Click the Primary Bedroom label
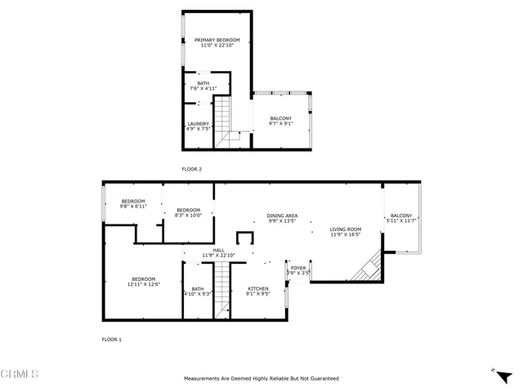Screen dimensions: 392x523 click(x=217, y=43)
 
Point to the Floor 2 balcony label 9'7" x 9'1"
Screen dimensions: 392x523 click(x=281, y=122)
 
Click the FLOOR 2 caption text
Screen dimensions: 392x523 click(x=191, y=169)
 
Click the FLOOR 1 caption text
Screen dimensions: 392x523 click(x=111, y=339)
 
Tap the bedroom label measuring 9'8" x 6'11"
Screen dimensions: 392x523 click(x=133, y=204)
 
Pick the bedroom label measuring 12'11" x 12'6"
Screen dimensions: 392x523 click(x=143, y=282)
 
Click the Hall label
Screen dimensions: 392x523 click(x=218, y=253)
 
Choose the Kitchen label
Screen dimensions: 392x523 click(x=258, y=292)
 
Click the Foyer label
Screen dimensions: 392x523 click(x=298, y=270)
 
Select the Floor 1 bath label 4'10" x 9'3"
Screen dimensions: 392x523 click(x=198, y=291)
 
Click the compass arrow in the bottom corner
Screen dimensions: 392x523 click(x=494, y=371)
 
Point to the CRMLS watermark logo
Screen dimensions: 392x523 click(x=20, y=375)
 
